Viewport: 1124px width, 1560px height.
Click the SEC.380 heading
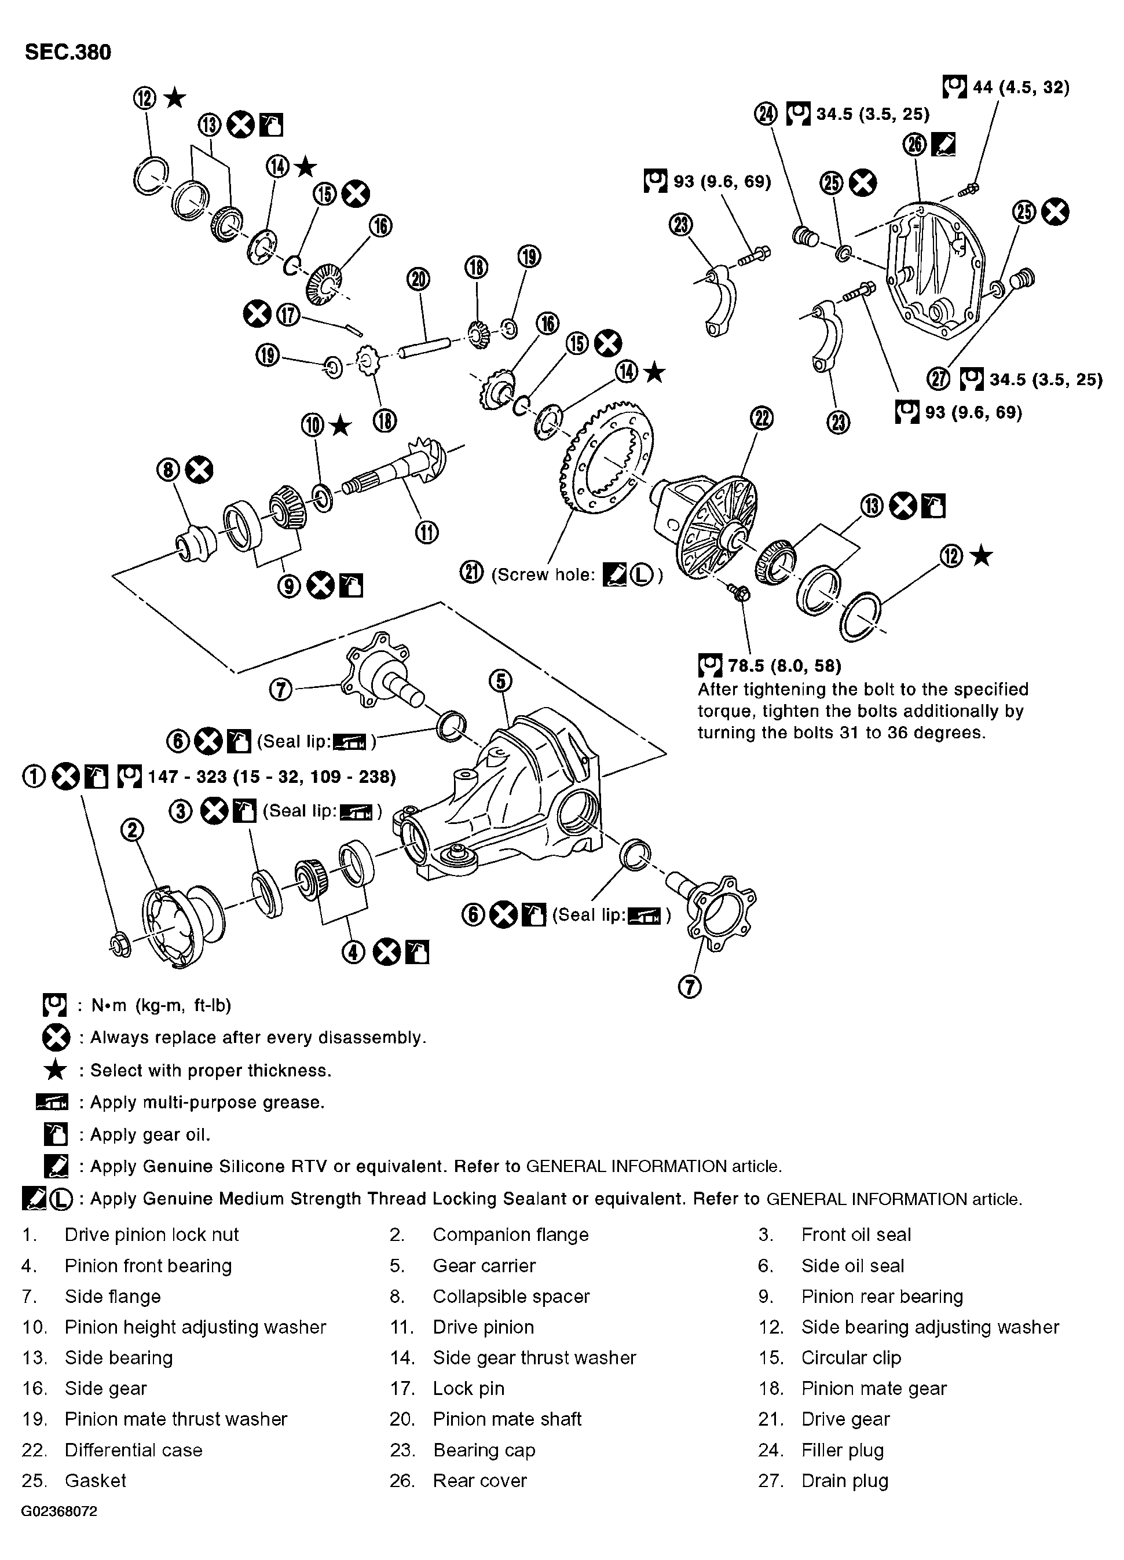pyautogui.click(x=67, y=52)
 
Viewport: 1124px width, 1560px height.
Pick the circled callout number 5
pyautogui.click(x=500, y=682)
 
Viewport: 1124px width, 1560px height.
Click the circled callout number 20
pyautogui.click(x=419, y=279)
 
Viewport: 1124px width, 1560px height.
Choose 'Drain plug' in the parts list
pyautogui.click(x=845, y=1481)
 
